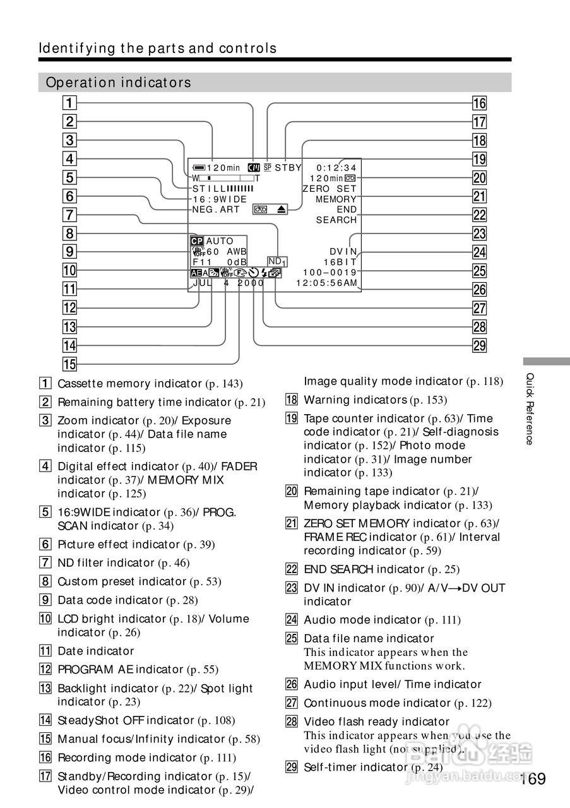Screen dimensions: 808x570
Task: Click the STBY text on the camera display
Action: click(288, 168)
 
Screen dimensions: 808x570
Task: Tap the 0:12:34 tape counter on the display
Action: click(336, 168)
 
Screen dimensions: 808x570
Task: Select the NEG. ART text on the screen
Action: click(216, 210)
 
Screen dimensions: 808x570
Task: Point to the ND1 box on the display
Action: click(277, 261)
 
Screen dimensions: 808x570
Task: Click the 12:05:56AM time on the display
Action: click(327, 283)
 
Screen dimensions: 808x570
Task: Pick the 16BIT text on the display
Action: click(340, 262)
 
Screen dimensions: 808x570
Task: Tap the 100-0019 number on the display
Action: click(330, 273)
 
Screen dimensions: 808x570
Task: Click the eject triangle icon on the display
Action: click(280, 209)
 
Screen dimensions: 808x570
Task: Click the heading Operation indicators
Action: click(119, 83)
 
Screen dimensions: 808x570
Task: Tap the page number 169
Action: click(533, 780)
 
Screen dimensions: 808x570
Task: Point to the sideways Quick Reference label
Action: click(530, 408)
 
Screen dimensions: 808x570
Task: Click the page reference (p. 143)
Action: click(224, 384)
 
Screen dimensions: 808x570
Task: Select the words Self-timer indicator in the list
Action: click(355, 767)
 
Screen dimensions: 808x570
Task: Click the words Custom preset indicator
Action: click(122, 581)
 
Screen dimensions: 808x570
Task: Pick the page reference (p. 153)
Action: click(429, 400)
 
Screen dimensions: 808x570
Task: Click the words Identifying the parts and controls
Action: click(158, 49)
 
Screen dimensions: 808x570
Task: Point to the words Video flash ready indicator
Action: click(376, 722)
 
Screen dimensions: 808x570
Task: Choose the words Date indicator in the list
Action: click(95, 651)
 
